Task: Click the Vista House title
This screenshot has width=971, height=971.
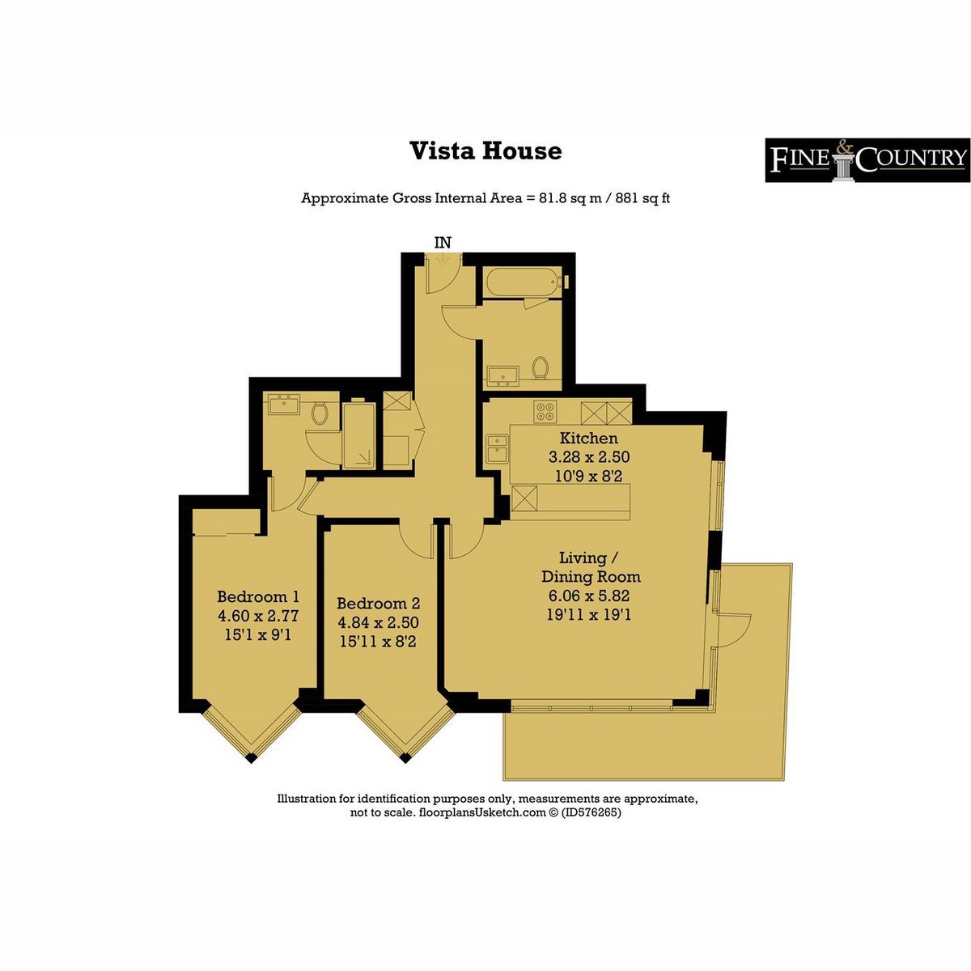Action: pyautogui.click(x=485, y=151)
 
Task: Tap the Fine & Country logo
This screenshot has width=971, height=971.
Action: pyautogui.click(x=867, y=159)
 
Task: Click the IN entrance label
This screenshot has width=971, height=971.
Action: pyautogui.click(x=443, y=243)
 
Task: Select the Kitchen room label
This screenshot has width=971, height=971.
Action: pyautogui.click(x=588, y=438)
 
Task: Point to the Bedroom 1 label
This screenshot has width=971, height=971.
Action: pyautogui.click(x=258, y=596)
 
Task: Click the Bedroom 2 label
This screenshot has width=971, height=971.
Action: pyautogui.click(x=378, y=603)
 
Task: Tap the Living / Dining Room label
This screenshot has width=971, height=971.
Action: pyautogui.click(x=590, y=567)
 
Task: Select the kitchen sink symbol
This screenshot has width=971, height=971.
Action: pyautogui.click(x=498, y=448)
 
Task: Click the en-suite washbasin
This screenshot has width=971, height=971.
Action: pyautogui.click(x=284, y=404)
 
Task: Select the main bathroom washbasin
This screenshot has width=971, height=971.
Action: pyautogui.click(x=502, y=375)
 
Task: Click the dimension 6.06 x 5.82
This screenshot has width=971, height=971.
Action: pyautogui.click(x=589, y=596)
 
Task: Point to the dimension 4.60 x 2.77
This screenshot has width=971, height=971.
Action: pyautogui.click(x=258, y=616)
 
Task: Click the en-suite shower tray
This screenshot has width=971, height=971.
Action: pyautogui.click(x=358, y=435)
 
